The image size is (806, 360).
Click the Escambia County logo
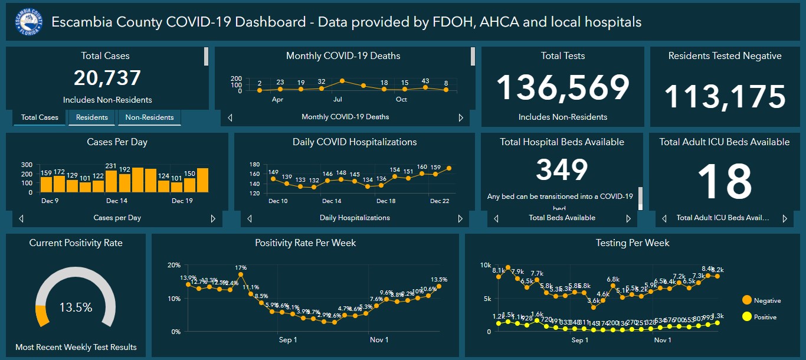click(x=29, y=22)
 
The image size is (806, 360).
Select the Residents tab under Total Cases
click(x=92, y=117)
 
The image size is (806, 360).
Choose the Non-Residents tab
click(x=149, y=117)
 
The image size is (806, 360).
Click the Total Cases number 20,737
click(x=107, y=78)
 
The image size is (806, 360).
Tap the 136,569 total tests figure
click(x=562, y=88)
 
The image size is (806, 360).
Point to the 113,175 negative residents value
click(x=725, y=97)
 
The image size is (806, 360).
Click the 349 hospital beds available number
click(x=562, y=170)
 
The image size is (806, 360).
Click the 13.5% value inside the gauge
click(x=76, y=307)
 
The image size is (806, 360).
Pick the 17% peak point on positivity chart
click(x=241, y=274)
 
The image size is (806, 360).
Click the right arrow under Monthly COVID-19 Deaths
click(x=461, y=117)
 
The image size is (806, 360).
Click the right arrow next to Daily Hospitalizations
click(x=460, y=218)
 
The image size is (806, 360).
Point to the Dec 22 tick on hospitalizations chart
click(x=439, y=201)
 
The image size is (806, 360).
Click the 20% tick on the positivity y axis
click(x=174, y=264)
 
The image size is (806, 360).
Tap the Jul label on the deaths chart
click(x=338, y=100)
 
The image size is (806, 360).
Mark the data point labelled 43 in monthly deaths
click(x=425, y=87)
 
